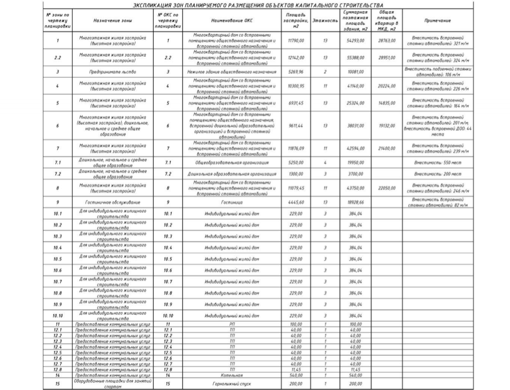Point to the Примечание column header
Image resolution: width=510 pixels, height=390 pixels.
(438, 21)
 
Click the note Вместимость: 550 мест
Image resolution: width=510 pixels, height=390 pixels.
(438, 162)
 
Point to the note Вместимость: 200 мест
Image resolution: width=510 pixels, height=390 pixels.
(438, 174)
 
